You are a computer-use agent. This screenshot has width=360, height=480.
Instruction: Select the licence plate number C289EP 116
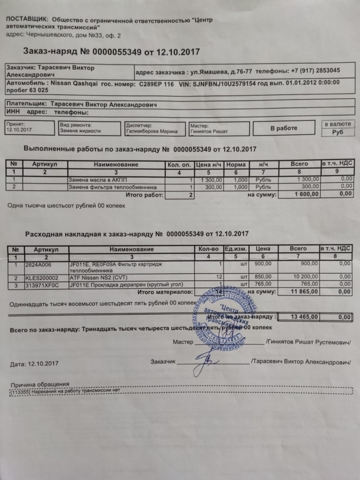click(156, 84)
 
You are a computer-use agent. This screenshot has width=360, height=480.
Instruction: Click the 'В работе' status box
click(283, 128)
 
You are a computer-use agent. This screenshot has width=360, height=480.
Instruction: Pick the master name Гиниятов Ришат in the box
click(209, 131)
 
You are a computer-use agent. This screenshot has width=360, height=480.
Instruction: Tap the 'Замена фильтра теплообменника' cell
click(112, 187)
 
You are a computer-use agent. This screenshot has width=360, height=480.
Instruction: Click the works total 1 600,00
click(307, 194)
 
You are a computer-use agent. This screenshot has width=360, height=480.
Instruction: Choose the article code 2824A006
click(38, 264)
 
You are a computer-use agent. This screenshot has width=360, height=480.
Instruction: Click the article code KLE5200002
click(42, 278)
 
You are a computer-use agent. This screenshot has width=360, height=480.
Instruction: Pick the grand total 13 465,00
click(304, 317)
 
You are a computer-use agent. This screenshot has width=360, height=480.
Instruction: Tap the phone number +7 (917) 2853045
click(315, 70)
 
